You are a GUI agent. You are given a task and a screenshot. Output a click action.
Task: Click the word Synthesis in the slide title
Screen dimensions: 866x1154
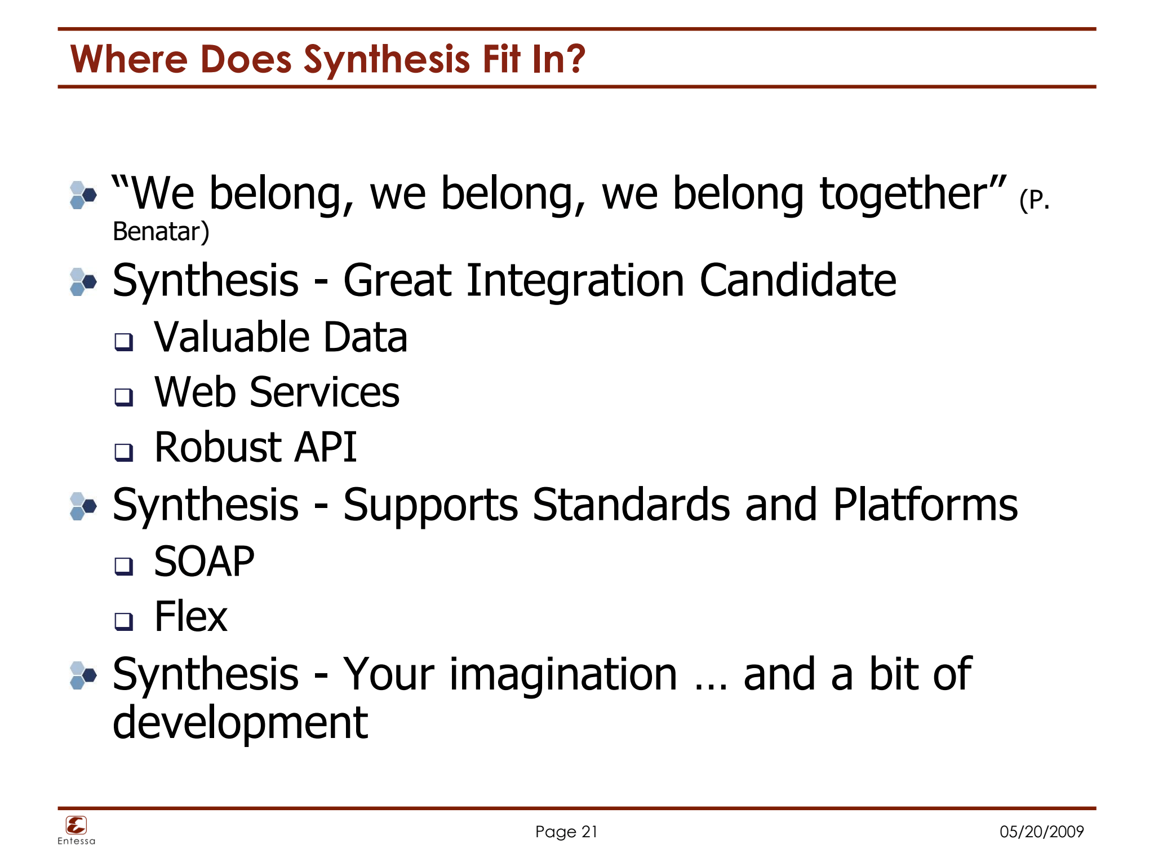387,60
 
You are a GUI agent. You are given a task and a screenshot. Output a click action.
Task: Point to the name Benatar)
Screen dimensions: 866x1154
161,232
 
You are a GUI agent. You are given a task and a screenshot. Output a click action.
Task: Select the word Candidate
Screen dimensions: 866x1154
797,280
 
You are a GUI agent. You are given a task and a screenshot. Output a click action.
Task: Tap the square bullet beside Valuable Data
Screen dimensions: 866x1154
123,342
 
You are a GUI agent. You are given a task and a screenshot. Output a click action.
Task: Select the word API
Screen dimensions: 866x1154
326,447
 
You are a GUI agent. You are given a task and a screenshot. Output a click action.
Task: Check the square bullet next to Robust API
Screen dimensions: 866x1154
123,452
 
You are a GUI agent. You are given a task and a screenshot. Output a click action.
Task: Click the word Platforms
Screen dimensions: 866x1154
925,505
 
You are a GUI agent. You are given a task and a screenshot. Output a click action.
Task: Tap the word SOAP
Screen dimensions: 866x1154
204,562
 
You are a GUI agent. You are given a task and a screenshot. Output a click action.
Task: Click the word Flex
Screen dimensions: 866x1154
190,617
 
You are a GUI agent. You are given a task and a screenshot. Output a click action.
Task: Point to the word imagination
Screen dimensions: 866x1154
563,675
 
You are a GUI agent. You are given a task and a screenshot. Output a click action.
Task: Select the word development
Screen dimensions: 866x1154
240,723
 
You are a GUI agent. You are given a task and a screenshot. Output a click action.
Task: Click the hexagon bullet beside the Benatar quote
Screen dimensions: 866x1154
83,195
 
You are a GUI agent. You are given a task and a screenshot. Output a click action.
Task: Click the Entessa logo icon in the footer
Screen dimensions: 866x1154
76,825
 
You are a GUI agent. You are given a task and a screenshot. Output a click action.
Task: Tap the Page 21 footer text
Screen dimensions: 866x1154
566,832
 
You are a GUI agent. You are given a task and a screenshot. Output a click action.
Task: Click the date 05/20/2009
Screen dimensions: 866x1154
1041,832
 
